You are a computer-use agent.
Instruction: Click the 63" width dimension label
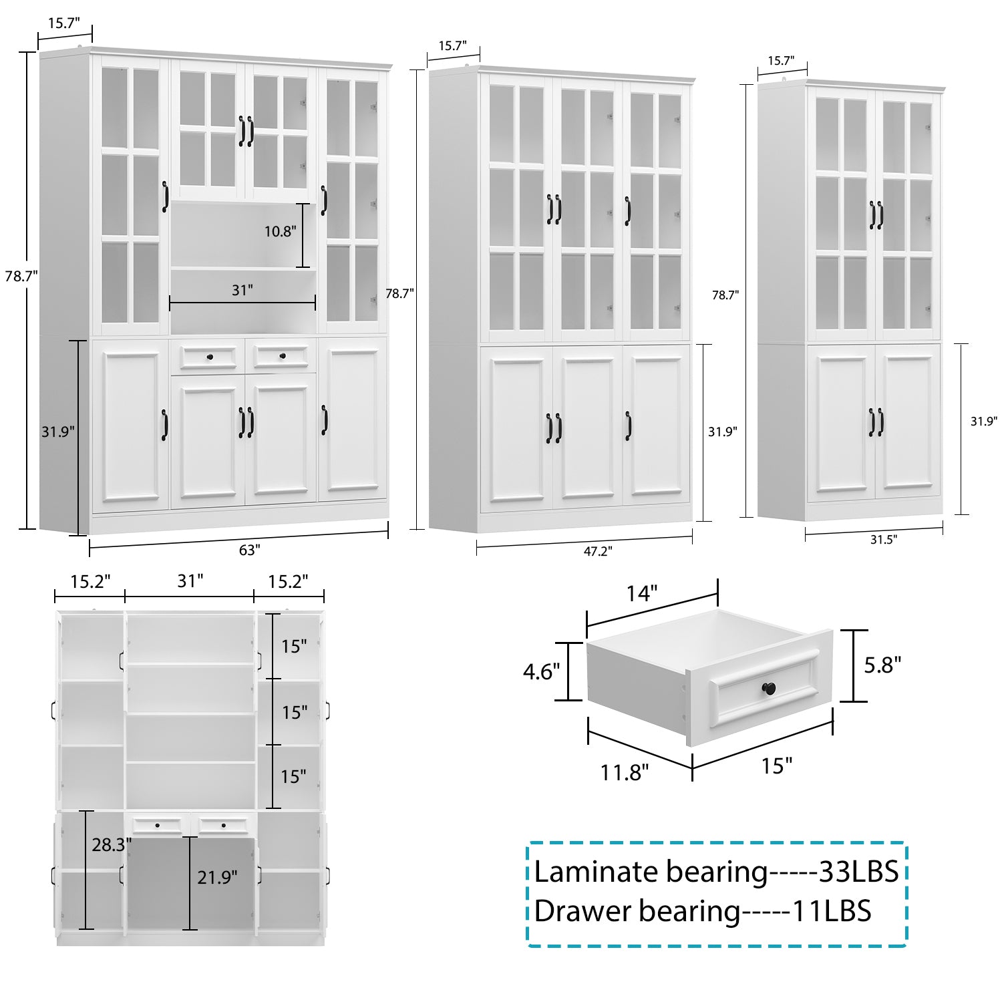point(248,550)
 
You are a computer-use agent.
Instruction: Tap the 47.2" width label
point(597,551)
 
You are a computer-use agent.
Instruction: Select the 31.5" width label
point(883,540)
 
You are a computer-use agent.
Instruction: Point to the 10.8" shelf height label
point(279,232)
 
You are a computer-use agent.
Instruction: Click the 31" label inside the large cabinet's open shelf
point(242,290)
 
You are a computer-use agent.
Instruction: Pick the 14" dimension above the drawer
point(641,593)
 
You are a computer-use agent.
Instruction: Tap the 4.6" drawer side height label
point(541,671)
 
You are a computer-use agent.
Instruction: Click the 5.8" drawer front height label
point(882,665)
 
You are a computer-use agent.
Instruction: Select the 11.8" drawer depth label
point(624,772)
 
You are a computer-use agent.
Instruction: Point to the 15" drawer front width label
point(776,766)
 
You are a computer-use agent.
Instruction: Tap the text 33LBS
point(858,872)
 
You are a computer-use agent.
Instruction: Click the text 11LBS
point(831,911)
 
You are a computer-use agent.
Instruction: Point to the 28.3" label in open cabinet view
point(111,845)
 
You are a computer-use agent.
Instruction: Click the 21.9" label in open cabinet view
point(216,877)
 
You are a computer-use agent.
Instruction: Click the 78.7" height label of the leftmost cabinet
point(20,276)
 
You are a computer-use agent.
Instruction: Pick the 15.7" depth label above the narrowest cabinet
point(780,61)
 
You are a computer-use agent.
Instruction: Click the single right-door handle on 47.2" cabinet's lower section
point(628,426)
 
